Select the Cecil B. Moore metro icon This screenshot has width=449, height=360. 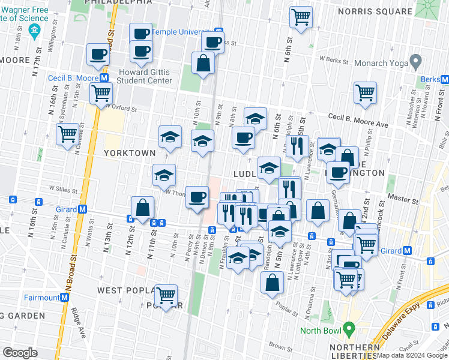(x=104, y=78)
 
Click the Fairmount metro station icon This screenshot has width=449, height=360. (x=64, y=298)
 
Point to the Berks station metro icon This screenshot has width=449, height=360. (x=444, y=79)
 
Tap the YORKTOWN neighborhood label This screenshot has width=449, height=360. (x=129, y=153)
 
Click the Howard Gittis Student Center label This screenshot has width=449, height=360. (x=145, y=76)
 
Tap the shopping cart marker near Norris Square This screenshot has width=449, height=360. (x=301, y=16)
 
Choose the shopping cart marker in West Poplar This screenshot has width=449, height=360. (x=166, y=295)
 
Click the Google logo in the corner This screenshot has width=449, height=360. (x=20, y=353)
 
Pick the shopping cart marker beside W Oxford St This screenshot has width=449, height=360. (x=101, y=93)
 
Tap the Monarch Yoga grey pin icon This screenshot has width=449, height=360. (x=415, y=61)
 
